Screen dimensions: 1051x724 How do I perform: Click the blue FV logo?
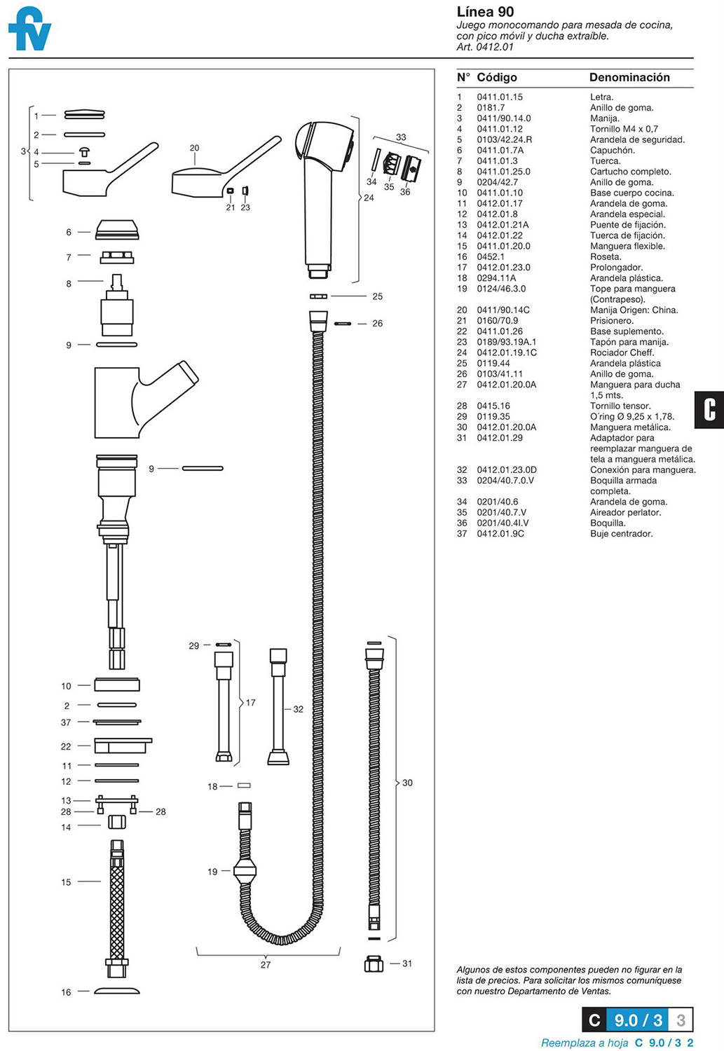tap(29, 29)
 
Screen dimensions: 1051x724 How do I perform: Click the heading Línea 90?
tap(485, 12)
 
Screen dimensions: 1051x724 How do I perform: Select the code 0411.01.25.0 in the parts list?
tap(503, 172)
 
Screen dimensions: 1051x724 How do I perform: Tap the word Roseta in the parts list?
tap(605, 257)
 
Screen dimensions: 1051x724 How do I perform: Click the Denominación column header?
tap(629, 78)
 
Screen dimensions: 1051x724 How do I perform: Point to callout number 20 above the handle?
tap(194, 148)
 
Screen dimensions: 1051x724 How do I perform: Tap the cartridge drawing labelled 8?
tap(117, 308)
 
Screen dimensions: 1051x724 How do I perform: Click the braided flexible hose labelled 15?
tap(117, 904)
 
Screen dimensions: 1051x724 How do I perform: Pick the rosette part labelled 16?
tap(117, 991)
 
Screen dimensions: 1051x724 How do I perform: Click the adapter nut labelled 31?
tap(374, 964)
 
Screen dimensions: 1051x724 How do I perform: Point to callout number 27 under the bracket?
tap(266, 965)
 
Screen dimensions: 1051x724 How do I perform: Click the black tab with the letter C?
tap(709, 409)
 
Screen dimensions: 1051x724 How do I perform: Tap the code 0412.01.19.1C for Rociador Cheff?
tap(507, 353)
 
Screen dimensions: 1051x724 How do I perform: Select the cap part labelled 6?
tap(117, 230)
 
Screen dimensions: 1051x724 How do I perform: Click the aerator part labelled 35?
tap(392, 165)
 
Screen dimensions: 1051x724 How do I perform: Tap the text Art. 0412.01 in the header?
tap(485, 47)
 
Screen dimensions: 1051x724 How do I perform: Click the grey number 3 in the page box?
tap(680, 1019)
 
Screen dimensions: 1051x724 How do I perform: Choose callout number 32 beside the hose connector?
tap(298, 709)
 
